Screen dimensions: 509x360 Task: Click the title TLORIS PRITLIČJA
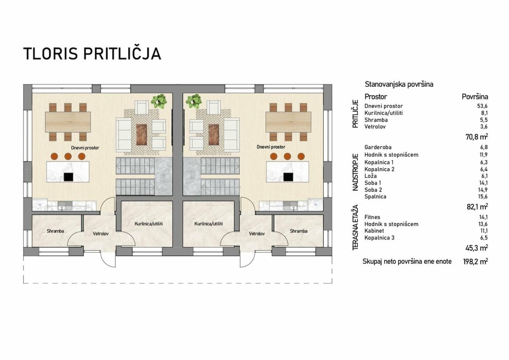tap(92, 54)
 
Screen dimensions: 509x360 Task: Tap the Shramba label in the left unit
tap(55, 231)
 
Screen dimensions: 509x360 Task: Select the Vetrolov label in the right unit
tap(257, 234)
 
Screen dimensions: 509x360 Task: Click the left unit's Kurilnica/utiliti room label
tap(149, 224)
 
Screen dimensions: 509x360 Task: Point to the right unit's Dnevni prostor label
tap(271, 147)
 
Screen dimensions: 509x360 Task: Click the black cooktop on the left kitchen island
tap(69, 177)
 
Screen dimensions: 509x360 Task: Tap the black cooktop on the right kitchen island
tap(288, 177)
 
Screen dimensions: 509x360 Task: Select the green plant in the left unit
tap(159, 101)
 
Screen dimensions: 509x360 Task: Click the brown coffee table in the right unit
tap(214, 135)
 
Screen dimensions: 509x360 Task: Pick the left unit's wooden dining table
tap(68, 122)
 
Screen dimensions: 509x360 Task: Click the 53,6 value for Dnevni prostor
tap(483, 106)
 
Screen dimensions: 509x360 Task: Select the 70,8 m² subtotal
tap(476, 137)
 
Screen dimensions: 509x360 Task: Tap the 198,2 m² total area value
tap(475, 262)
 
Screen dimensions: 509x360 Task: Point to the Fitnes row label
tap(372, 217)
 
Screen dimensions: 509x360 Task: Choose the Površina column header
tap(475, 97)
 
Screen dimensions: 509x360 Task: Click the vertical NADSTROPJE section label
tap(355, 172)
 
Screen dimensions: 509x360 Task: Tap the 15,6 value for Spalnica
tap(483, 196)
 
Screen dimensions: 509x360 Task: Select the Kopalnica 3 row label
tap(379, 238)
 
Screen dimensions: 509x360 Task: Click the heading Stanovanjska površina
tap(399, 84)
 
